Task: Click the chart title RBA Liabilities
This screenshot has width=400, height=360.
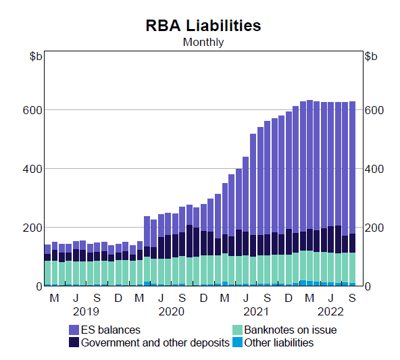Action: (203, 26)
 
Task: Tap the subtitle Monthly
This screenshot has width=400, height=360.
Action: (203, 42)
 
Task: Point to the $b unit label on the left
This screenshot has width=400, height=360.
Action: (36, 56)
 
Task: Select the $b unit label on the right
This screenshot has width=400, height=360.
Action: (371, 56)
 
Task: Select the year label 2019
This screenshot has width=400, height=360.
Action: (86, 311)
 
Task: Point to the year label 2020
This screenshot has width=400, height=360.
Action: (172, 311)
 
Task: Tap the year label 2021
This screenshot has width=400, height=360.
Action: (257, 311)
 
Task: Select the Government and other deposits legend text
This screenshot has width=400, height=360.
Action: (155, 342)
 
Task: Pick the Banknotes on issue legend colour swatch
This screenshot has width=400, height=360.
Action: (236, 330)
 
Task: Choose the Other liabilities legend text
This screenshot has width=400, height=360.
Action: (278, 342)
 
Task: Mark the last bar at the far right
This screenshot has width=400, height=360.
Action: (352, 196)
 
